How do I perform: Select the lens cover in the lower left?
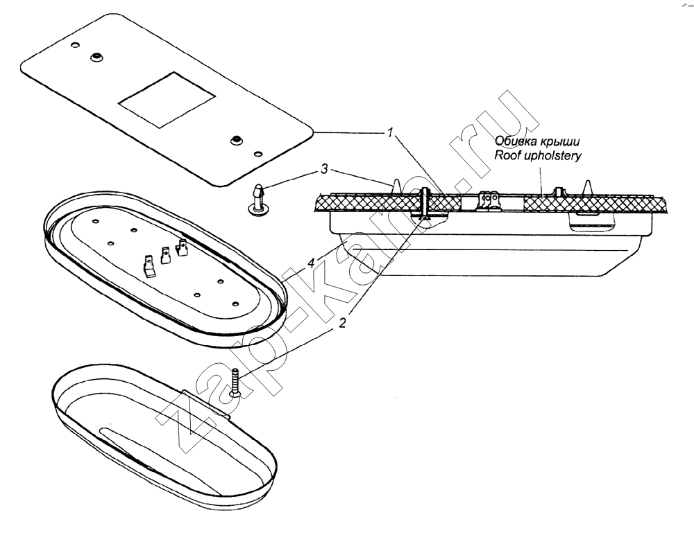[162, 437]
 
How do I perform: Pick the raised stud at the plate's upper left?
[96, 58]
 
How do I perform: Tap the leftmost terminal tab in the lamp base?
[149, 265]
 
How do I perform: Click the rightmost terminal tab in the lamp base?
[183, 247]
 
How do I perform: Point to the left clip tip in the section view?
[396, 184]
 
